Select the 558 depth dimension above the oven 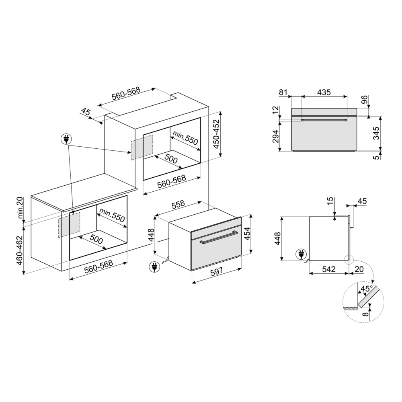click(178, 204)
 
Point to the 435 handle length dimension click(324, 92)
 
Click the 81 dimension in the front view click(283, 92)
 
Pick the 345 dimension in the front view click(376, 133)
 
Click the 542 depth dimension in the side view click(329, 269)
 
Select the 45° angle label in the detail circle click(366, 289)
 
